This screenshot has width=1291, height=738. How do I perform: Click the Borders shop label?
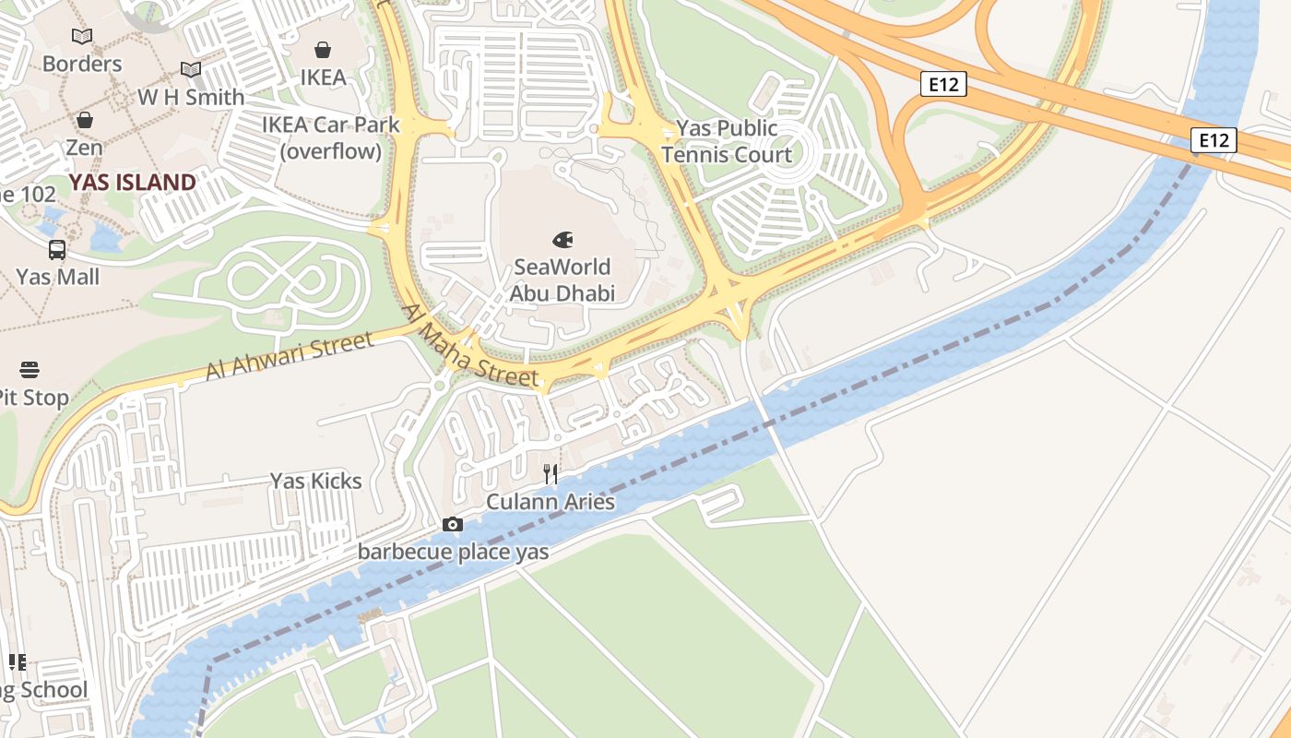(82, 64)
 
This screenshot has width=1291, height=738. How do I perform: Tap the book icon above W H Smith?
(191, 69)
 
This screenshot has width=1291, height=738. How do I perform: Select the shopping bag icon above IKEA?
(323, 50)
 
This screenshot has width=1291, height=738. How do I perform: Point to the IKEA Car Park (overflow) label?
(331, 137)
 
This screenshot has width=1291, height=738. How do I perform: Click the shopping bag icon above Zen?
(84, 120)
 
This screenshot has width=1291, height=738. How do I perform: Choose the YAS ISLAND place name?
(133, 183)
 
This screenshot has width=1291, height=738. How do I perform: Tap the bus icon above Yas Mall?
(57, 249)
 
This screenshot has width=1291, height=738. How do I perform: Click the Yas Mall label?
(57, 277)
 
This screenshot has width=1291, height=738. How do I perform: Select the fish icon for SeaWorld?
(563, 240)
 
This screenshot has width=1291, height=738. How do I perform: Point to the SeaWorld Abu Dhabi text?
(563, 280)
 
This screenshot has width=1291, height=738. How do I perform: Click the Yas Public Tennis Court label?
(727, 141)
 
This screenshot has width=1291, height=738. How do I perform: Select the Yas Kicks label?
(315, 481)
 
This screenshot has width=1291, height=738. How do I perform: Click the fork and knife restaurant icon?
(551, 474)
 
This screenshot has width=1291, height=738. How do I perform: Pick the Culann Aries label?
(551, 503)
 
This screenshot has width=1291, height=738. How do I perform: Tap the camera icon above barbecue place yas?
(452, 525)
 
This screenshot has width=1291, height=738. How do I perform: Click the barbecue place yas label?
(453, 553)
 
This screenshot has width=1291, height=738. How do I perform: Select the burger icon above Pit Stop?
(30, 371)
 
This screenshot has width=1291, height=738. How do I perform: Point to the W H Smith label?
(191, 97)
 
